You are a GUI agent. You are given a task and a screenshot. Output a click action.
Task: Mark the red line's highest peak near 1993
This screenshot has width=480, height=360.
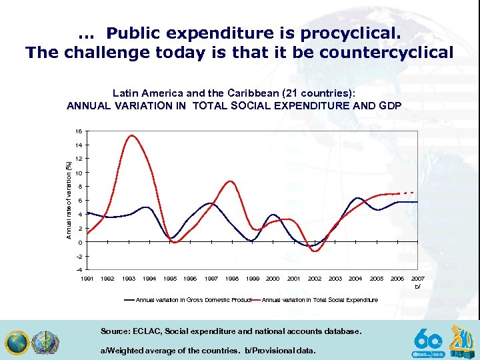click(x=131, y=136)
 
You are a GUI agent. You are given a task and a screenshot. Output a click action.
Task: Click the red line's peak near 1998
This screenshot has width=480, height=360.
click(x=231, y=181)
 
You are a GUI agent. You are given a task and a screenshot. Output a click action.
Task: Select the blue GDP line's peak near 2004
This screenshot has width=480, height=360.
click(x=358, y=198)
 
